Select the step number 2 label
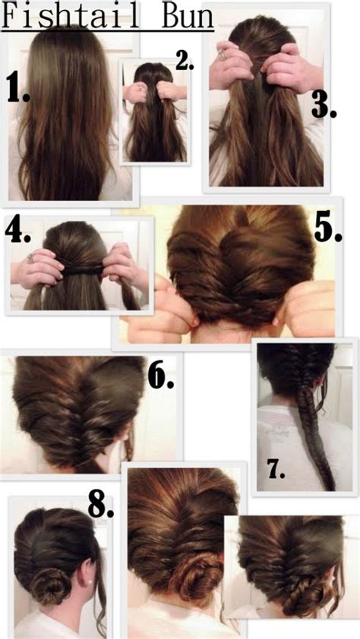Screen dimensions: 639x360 click(x=185, y=61)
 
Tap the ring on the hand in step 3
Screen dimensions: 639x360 click(x=223, y=54)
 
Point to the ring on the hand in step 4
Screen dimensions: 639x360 click(x=30, y=259)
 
